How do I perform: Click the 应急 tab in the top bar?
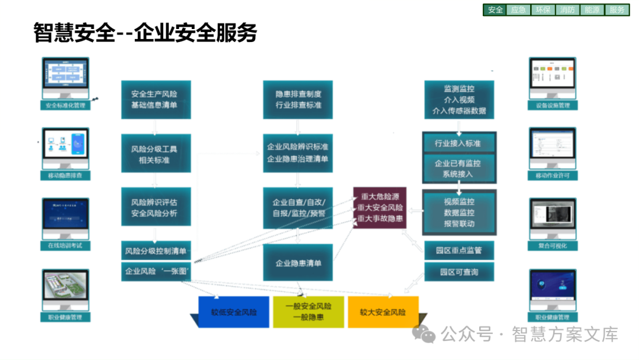[518, 9]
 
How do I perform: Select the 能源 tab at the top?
[592, 9]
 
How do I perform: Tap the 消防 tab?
[567, 9]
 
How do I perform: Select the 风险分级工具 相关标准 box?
[156, 154]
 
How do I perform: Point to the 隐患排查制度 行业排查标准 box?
[298, 99]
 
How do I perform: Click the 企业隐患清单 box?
[298, 263]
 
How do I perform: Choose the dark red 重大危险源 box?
[380, 208]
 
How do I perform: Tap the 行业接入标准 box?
[458, 143]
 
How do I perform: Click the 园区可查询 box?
[459, 272]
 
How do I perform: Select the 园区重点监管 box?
[459, 250]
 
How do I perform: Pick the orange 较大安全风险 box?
[383, 311]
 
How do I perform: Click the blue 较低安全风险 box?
[234, 312]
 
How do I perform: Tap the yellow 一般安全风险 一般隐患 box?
[308, 311]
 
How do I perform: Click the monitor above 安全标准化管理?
[66, 78]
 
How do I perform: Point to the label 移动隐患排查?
[66, 175]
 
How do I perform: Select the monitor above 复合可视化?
[552, 217]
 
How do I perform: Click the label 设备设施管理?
[552, 105]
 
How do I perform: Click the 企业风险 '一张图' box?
[156, 272]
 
